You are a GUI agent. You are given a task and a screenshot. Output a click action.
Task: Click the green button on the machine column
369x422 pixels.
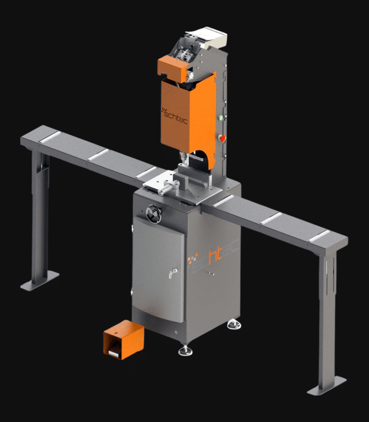[x=221, y=118]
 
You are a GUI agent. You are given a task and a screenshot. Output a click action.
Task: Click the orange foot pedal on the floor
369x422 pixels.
[x=124, y=339]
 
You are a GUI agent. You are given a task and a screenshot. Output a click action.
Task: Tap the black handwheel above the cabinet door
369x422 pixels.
[x=154, y=214]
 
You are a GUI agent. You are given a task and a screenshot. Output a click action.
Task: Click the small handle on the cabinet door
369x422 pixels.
[x=173, y=273]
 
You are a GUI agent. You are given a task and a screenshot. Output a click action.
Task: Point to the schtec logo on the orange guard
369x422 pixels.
[x=174, y=116]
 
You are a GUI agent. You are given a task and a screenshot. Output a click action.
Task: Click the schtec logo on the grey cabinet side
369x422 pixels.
[x=212, y=256]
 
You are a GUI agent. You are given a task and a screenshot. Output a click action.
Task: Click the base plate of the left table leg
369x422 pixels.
[x=40, y=281]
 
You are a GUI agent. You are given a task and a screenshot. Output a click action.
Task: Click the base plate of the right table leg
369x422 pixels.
[x=326, y=386]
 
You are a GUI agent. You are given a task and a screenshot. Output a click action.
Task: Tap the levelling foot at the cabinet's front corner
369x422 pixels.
[x=186, y=350]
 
